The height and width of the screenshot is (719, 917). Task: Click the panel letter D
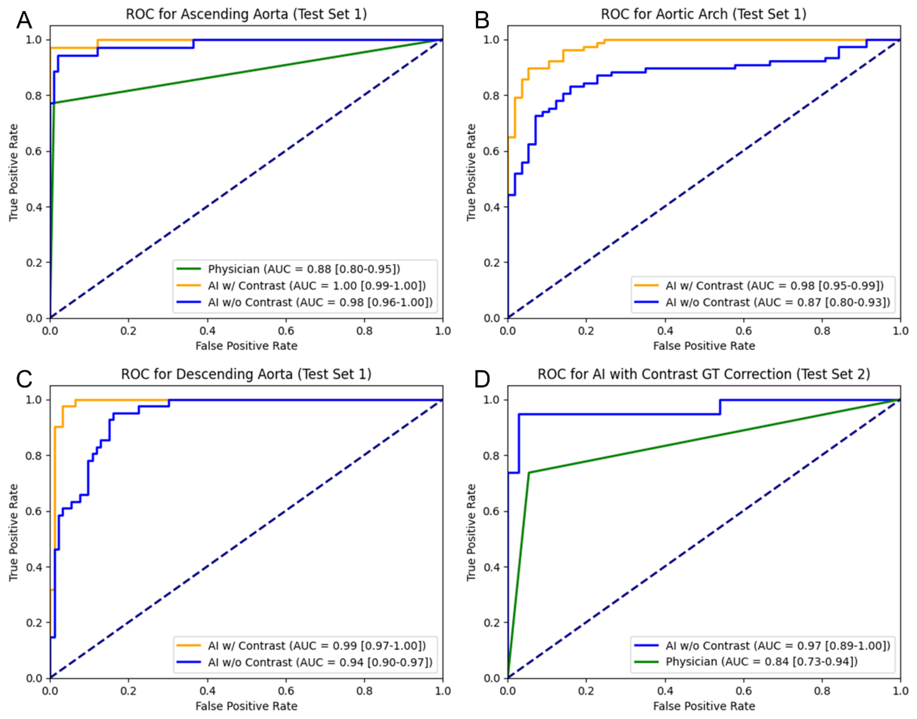click(482, 379)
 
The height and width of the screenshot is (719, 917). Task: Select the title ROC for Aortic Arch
click(703, 14)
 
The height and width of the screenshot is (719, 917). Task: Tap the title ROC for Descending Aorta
click(246, 374)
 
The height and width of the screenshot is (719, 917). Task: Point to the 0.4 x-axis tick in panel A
click(207, 331)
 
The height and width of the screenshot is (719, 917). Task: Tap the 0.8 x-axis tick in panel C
click(364, 691)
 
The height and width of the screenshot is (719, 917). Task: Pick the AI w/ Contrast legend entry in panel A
click(316, 286)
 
